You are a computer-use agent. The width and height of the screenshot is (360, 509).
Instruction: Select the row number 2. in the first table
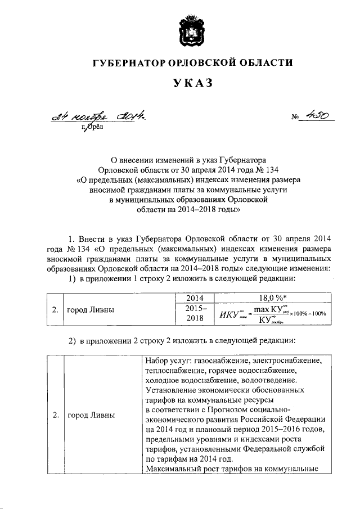click(56, 309)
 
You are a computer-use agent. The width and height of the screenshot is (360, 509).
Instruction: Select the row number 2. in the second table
click(56, 415)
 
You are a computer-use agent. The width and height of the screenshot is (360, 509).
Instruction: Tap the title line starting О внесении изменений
click(188, 160)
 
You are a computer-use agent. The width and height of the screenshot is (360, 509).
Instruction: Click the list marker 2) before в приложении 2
click(72, 340)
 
